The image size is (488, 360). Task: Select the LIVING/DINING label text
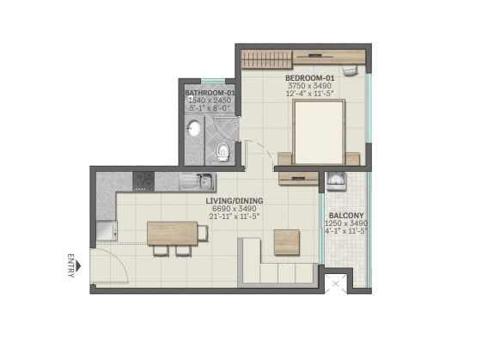coord(234,202)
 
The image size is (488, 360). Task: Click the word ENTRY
coord(70,264)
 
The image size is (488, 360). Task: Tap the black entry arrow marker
coord(78,266)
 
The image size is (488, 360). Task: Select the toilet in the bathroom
coord(223,152)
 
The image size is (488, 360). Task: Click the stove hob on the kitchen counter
coord(143,181)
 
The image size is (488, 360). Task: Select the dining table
coord(172,234)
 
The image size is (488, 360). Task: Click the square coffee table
coord(286,242)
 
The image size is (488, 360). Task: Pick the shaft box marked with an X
coord(335,282)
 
